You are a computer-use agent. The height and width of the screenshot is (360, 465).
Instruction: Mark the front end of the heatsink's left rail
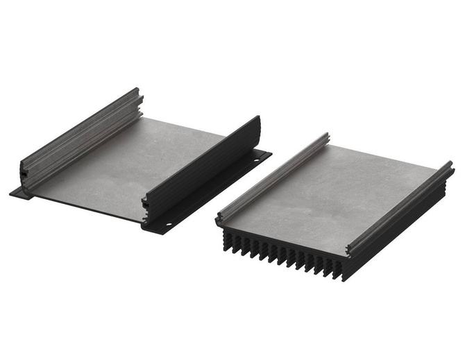(x=220, y=220)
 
